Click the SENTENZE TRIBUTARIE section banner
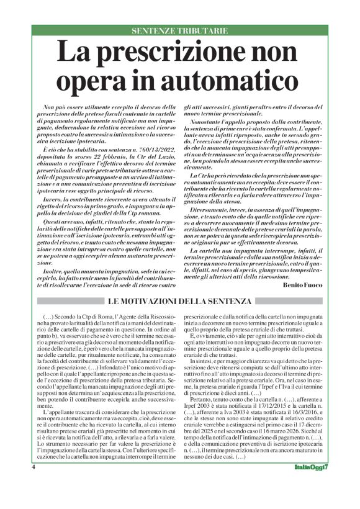tap(179, 30)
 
